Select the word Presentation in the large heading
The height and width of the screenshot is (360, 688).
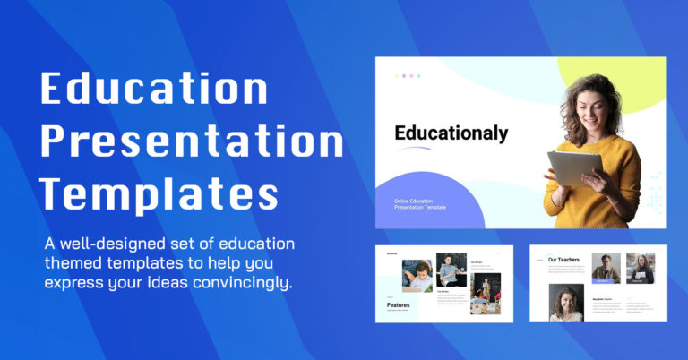pyautogui.click(x=193, y=143)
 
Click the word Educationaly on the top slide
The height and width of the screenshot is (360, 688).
pyautogui.click(x=451, y=134)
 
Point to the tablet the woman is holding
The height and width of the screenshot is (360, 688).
pyautogui.click(x=574, y=167)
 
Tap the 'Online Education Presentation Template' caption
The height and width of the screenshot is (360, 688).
pyautogui.click(x=420, y=204)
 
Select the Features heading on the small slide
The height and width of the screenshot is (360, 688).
pyautogui.click(x=399, y=304)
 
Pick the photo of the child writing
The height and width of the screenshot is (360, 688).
pyautogui.click(x=417, y=275)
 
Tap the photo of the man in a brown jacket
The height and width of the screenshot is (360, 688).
pyautogui.click(x=606, y=268)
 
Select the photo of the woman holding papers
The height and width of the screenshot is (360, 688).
pyautogui.click(x=641, y=268)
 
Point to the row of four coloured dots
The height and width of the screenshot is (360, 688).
pyautogui.click(x=408, y=76)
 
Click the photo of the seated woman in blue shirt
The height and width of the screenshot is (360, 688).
pyautogui.click(x=451, y=270)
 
